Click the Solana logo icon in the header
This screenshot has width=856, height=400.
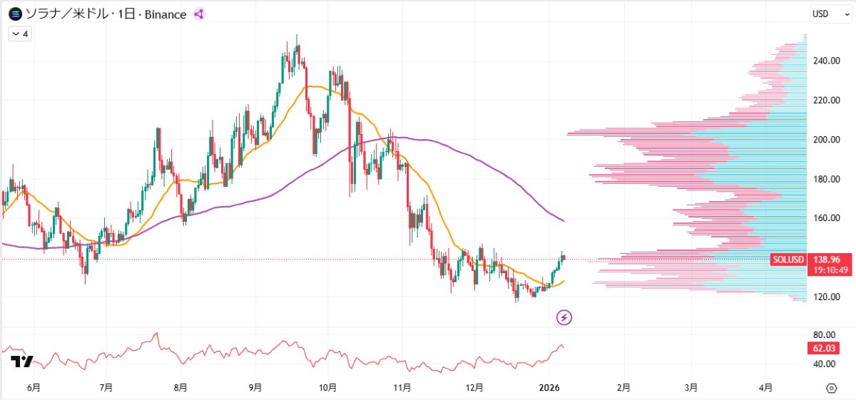pyautogui.click(x=13, y=14)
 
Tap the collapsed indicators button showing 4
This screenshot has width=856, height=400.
pyautogui.click(x=20, y=34)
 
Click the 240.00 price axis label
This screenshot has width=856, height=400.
pyautogui.click(x=826, y=61)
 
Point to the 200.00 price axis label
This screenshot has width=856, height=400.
pyautogui.click(x=826, y=140)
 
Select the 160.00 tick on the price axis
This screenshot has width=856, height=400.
pyautogui.click(x=826, y=218)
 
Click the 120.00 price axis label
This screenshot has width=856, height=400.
pyautogui.click(x=826, y=297)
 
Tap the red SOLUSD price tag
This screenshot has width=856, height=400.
pyautogui.click(x=789, y=260)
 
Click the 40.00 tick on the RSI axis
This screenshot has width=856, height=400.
pyautogui.click(x=825, y=364)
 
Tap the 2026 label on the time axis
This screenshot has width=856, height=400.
pyautogui.click(x=549, y=388)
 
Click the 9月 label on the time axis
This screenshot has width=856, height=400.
pyautogui.click(x=255, y=388)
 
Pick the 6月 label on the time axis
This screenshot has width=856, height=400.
pyautogui.click(x=33, y=388)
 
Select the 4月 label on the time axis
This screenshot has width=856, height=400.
pyautogui.click(x=765, y=388)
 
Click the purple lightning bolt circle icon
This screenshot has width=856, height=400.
pyautogui.click(x=564, y=317)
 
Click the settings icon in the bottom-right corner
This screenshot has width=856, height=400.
pyautogui.click(x=831, y=388)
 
